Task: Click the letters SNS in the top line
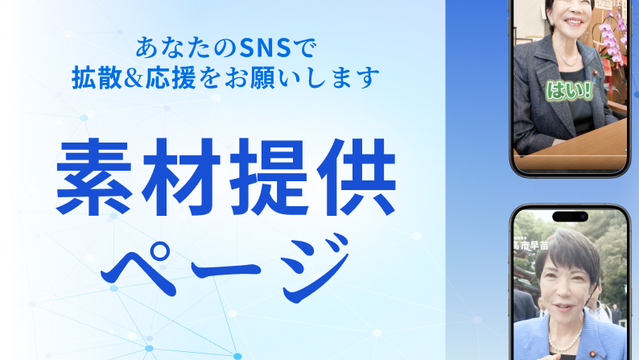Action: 266,48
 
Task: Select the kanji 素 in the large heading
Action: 94,177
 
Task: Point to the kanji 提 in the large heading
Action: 269,177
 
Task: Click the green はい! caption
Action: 569,90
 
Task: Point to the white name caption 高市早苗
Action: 530,245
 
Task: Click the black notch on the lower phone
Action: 570,217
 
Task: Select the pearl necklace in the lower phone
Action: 564,338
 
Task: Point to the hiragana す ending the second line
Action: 369,77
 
